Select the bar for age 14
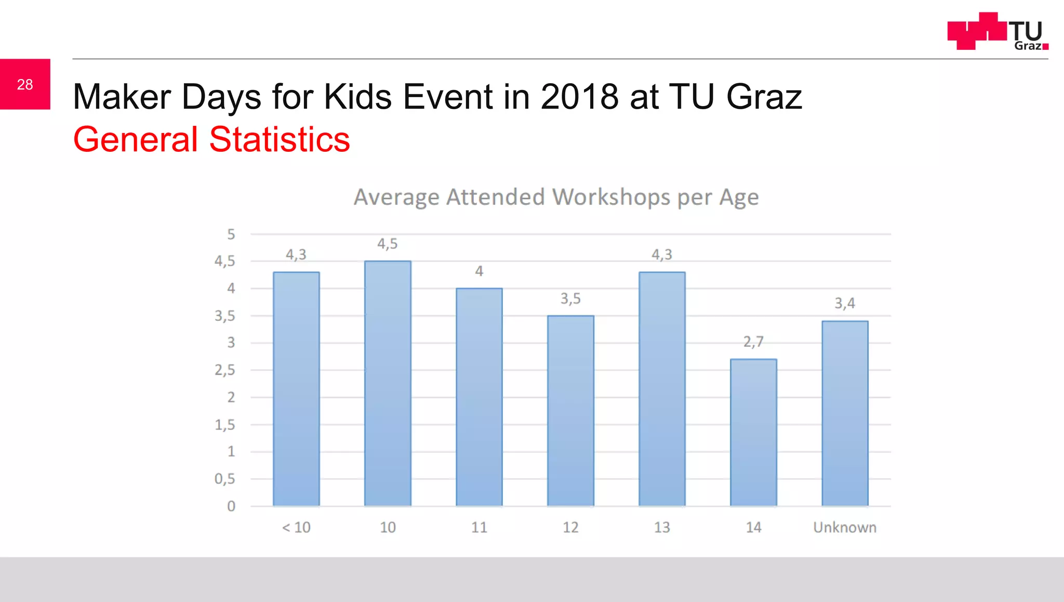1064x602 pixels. [x=753, y=432]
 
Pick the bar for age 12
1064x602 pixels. [x=570, y=411]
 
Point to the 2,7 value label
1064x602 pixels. [x=753, y=342]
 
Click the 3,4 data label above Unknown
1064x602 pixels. [x=845, y=303]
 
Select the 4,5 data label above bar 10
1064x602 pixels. [x=388, y=244]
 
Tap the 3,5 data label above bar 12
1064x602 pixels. [x=570, y=298]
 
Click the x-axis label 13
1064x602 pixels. [x=662, y=527]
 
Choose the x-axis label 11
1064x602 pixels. [x=479, y=527]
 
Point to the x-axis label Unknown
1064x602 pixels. [x=845, y=527]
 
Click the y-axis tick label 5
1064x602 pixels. [x=231, y=234]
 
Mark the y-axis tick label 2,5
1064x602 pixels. [x=225, y=370]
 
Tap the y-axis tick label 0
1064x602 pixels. [x=231, y=506]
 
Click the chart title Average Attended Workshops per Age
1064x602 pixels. [x=556, y=198]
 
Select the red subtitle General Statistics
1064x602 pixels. [x=211, y=139]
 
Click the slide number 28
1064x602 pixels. [x=25, y=84]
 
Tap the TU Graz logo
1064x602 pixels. [x=997, y=31]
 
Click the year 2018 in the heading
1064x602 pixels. [x=579, y=97]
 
